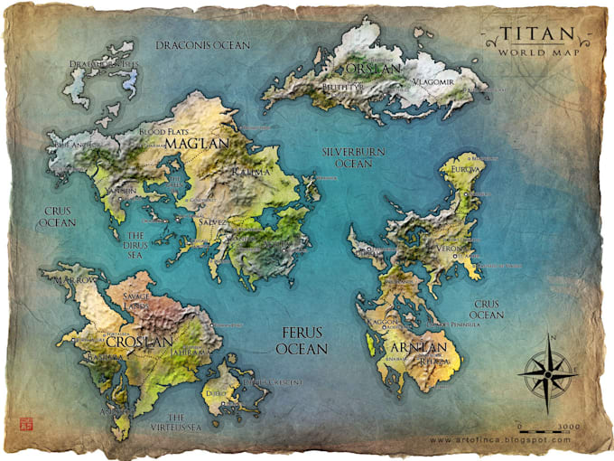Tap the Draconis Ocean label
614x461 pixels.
(202, 44)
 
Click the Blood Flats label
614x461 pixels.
(163, 131)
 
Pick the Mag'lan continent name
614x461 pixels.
(209, 142)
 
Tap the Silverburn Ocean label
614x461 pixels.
(341, 158)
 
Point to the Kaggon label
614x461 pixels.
(382, 323)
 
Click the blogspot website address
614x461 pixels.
(500, 440)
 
